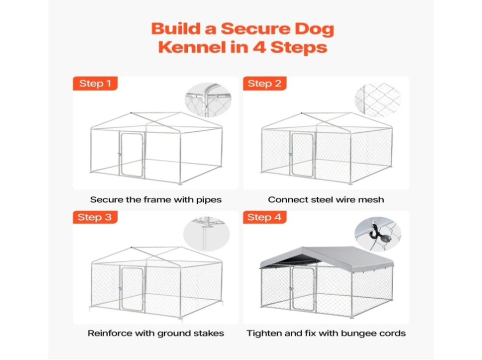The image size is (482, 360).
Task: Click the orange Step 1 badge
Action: [95, 83]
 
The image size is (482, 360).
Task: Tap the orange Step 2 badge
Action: [265, 83]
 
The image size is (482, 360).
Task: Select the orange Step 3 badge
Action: [95, 217]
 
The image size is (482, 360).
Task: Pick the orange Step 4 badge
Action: [265, 217]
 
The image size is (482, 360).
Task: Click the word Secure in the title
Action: [256, 29]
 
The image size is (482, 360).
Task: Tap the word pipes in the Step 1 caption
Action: [209, 200]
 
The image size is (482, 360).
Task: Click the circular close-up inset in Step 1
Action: [208, 100]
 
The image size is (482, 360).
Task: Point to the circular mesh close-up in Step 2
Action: [378, 100]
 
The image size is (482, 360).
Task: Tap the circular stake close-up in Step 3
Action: [206, 233]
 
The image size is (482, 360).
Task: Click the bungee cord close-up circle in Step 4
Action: [378, 233]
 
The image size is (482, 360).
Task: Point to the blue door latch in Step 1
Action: [120, 154]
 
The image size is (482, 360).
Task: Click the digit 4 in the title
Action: [259, 48]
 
